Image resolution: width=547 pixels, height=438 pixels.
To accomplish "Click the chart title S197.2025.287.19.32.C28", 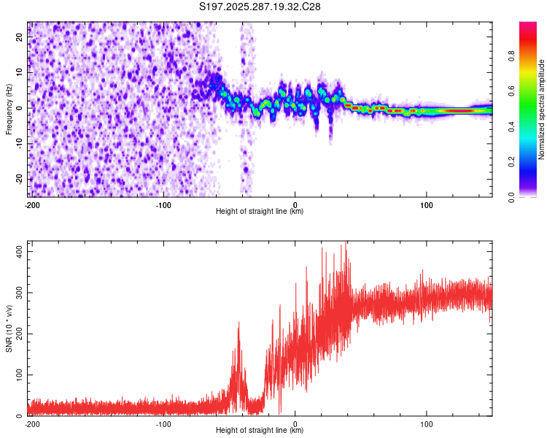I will pos(260,7).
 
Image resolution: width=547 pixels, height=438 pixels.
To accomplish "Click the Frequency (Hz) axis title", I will pos(9,109).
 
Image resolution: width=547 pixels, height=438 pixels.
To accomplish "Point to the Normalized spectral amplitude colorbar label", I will pos(541,109).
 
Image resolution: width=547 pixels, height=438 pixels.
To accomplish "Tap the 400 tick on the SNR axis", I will pos(18,250).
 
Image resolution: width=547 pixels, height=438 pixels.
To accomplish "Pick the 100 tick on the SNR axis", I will pos(18,374).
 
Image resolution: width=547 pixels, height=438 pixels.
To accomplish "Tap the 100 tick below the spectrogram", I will pos(427,204).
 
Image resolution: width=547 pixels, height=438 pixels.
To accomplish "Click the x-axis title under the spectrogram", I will pos(260,212).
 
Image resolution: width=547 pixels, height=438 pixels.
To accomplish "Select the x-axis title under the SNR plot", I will pos(260,431).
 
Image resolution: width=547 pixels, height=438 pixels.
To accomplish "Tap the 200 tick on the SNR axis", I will pos(18,334).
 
